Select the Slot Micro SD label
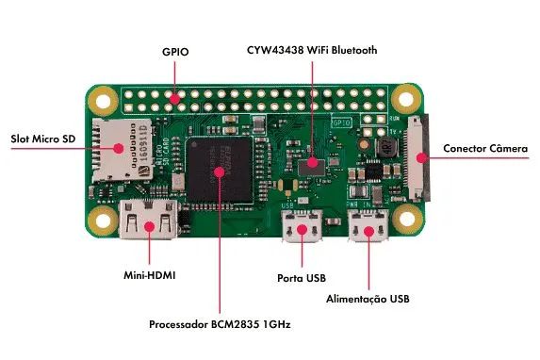tap(43, 139)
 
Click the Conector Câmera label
tap(485, 149)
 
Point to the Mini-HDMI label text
tap(150, 277)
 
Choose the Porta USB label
tap(302, 278)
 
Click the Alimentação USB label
tap(368, 299)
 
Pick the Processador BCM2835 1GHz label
tap(220, 325)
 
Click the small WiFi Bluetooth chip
tap(312, 166)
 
